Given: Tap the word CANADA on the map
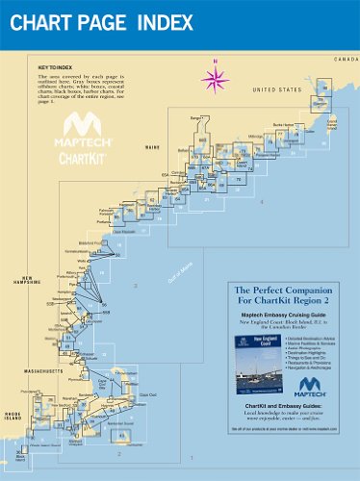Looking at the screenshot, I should coord(345,60).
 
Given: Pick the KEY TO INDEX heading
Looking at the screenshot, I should coord(56,68).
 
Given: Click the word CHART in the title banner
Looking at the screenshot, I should coord(47,20).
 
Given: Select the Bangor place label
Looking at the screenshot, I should coord(198,116).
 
